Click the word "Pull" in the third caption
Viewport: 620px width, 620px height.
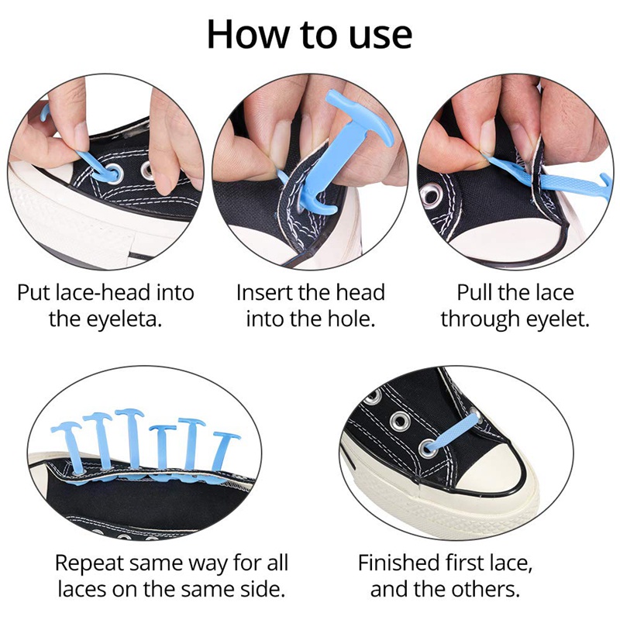click(474, 293)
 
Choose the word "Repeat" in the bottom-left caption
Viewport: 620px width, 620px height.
click(91, 562)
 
